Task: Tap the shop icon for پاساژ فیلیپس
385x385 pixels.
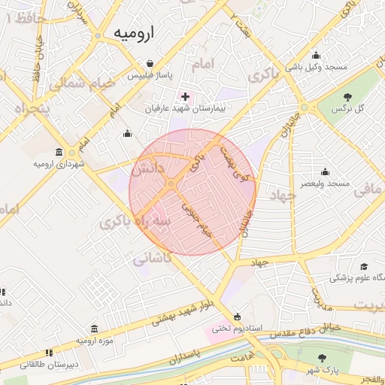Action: [x=151, y=64]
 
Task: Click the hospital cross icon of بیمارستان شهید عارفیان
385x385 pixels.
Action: [x=186, y=97]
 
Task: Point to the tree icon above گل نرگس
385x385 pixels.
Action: [x=348, y=96]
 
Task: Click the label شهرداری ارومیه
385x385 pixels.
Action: [x=59, y=163]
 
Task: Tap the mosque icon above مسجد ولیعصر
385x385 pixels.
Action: [x=324, y=172]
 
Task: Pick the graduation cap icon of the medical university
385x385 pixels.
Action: [x=364, y=266]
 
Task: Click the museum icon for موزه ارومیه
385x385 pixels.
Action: [x=93, y=329]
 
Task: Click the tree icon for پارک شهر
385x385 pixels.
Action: [x=323, y=359]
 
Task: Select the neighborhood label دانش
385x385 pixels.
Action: [x=147, y=170]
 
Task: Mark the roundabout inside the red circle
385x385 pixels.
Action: [x=171, y=183]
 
